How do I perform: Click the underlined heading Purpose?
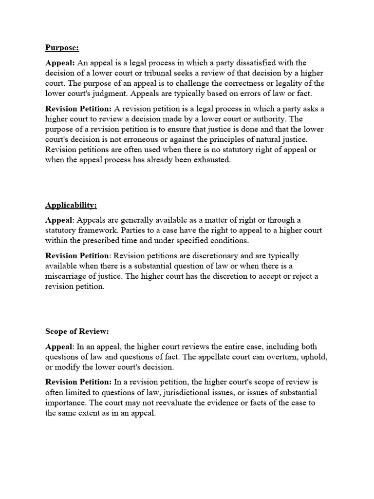coord(62,47)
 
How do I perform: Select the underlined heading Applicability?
coord(71,205)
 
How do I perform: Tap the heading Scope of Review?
coord(77,331)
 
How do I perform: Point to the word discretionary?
coord(211,256)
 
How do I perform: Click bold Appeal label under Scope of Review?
coord(58,346)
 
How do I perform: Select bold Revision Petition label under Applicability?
coord(77,256)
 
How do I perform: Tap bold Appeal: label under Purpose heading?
coord(60,63)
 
